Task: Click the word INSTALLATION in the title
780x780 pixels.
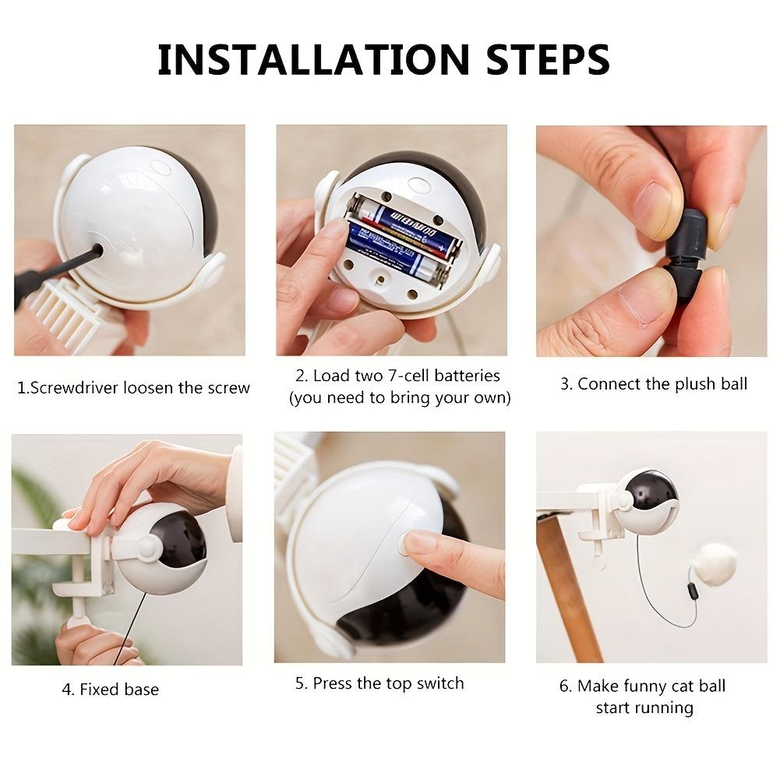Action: tap(313, 59)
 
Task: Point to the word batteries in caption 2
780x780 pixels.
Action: tap(467, 376)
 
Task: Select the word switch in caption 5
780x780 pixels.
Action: tap(439, 683)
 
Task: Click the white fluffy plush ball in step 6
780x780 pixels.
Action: tap(715, 563)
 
